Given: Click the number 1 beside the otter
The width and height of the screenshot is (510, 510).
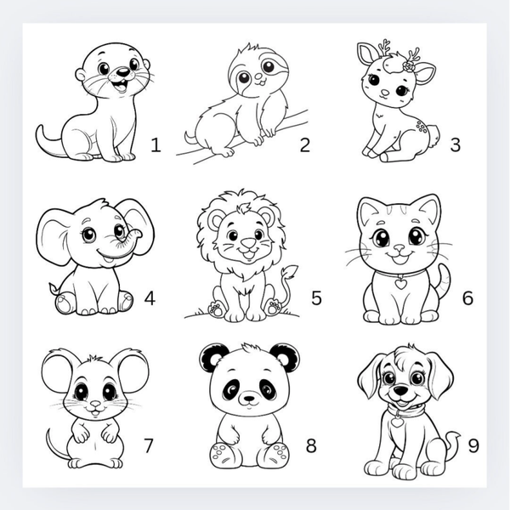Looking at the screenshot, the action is (x=156, y=145).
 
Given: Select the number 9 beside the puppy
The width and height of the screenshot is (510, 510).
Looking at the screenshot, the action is (x=473, y=445).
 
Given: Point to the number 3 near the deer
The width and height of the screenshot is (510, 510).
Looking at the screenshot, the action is (x=456, y=144).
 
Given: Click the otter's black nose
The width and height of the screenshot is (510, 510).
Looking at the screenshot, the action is (x=122, y=72).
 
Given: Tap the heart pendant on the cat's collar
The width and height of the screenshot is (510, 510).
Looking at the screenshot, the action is (x=400, y=283).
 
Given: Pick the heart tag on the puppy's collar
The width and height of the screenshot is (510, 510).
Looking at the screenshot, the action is (x=397, y=422).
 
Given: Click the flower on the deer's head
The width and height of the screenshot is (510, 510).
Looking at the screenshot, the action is (x=408, y=65).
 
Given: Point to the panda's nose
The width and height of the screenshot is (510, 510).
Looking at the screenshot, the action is (x=249, y=398).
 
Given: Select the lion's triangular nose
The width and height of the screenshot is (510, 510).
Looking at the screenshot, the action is (x=249, y=242).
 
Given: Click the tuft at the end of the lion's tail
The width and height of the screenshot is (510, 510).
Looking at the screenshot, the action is (x=291, y=272).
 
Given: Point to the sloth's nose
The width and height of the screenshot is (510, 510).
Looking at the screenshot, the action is (x=259, y=76).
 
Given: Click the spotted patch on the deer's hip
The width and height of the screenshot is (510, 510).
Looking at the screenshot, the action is (x=422, y=126).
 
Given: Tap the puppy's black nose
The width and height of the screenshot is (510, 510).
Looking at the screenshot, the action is (x=400, y=389).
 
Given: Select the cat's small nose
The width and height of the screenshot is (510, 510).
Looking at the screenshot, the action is (x=399, y=249).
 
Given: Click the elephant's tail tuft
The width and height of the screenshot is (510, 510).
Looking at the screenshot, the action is (x=54, y=288).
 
